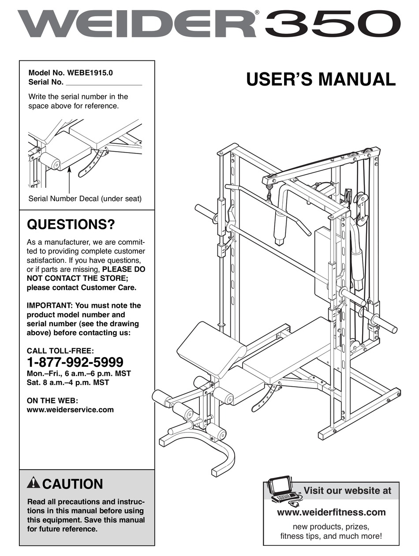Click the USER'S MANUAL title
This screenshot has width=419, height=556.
point(321,79)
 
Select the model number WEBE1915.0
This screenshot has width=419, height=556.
point(90,73)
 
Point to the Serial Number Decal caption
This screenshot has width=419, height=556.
point(85,199)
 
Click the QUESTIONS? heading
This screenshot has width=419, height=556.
point(71,225)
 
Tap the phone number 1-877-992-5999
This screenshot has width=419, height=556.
point(75,362)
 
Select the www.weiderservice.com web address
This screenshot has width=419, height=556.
point(71,410)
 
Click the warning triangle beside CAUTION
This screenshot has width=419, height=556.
point(33,483)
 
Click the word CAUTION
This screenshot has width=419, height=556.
point(73,484)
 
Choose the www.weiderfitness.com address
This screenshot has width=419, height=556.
point(331,512)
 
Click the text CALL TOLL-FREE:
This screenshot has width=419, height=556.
point(60,351)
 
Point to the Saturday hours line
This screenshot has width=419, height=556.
point(68,382)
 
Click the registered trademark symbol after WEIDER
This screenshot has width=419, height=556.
point(257,13)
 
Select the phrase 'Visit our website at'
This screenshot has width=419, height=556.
point(347,491)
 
